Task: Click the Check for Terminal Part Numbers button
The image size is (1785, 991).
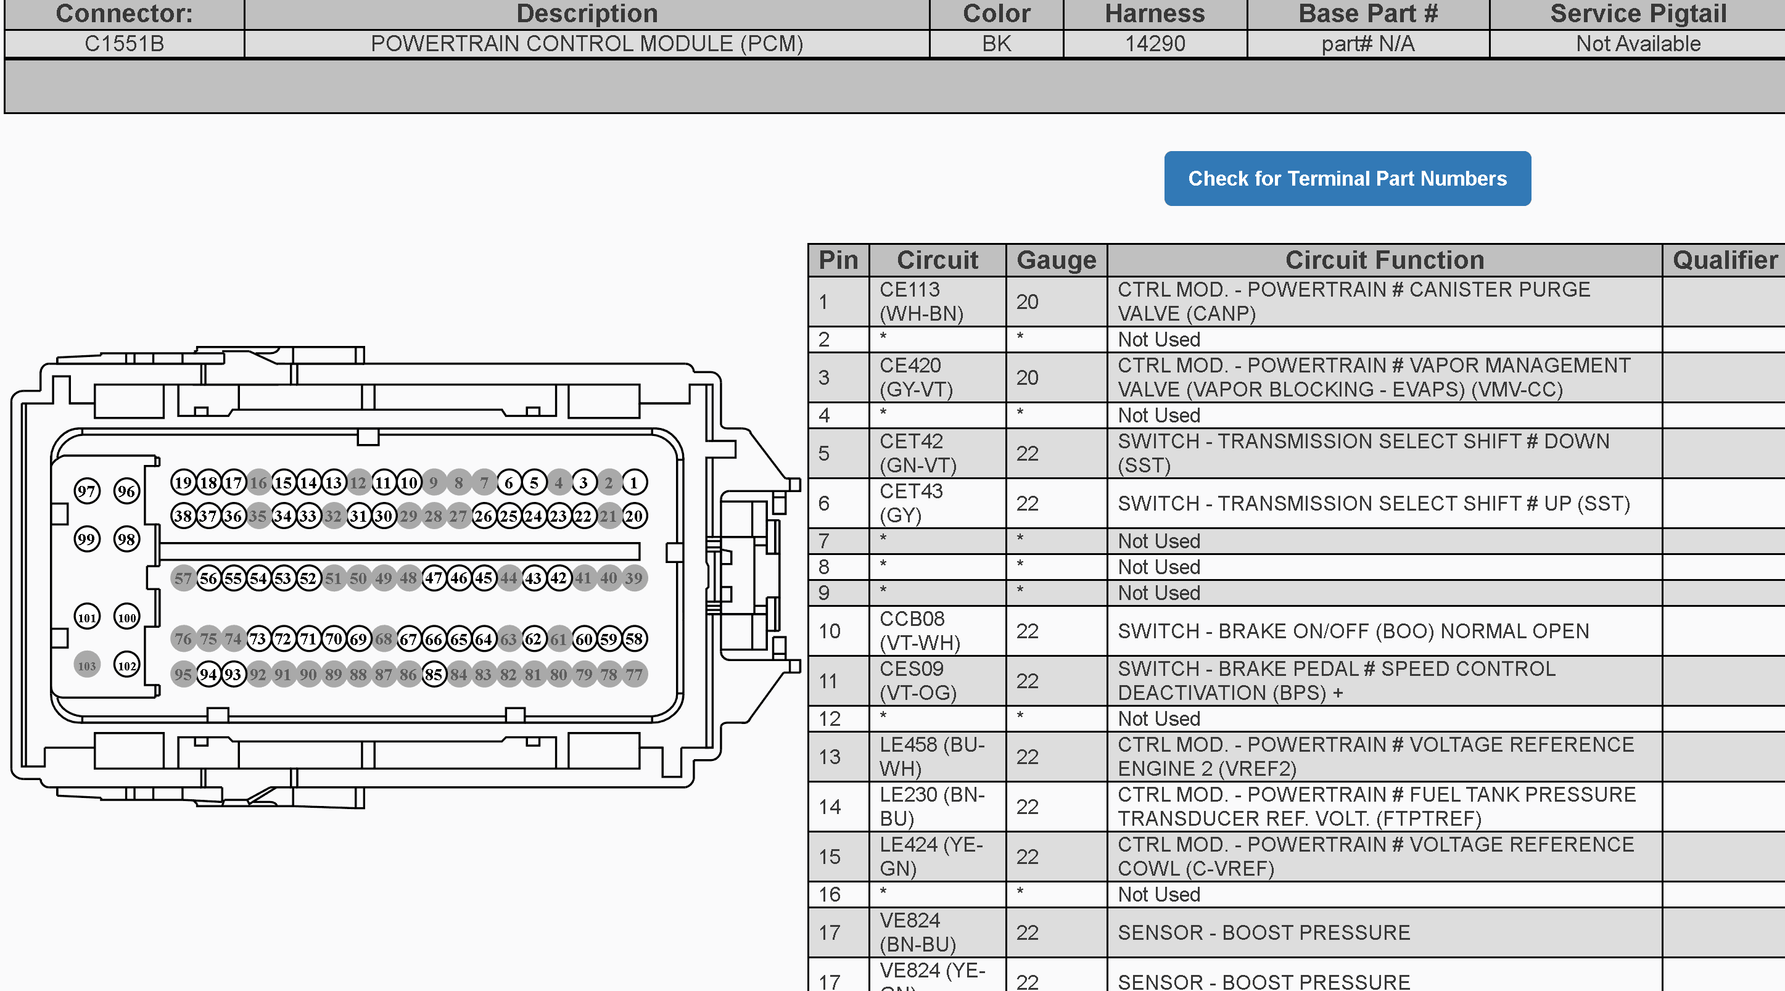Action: click(x=1347, y=178)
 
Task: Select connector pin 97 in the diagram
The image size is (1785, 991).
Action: click(x=86, y=491)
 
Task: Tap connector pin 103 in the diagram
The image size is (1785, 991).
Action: click(x=86, y=665)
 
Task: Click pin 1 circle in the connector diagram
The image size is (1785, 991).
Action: click(x=634, y=482)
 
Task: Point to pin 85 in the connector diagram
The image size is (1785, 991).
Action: click(x=434, y=673)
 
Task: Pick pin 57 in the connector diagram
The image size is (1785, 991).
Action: click(x=183, y=578)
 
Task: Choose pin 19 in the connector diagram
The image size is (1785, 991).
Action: click(x=183, y=482)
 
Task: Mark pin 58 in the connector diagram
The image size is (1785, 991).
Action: click(x=634, y=638)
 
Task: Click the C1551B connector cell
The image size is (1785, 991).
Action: click(x=125, y=44)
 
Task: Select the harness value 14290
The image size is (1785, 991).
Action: click(x=1155, y=44)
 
